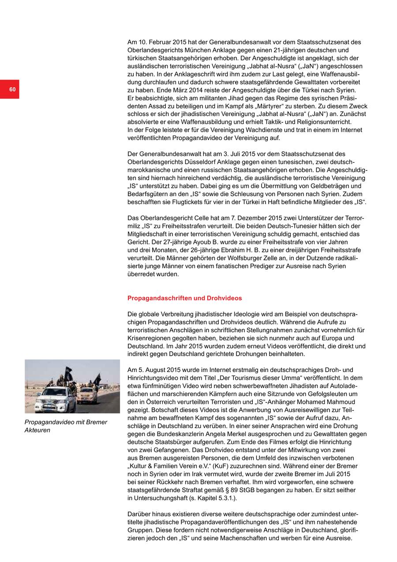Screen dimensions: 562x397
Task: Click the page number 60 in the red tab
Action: (x=12, y=90)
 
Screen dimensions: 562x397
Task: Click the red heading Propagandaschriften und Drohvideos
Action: (x=184, y=298)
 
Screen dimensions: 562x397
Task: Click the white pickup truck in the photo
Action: (x=52, y=402)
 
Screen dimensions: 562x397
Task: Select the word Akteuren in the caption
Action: (x=37, y=430)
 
